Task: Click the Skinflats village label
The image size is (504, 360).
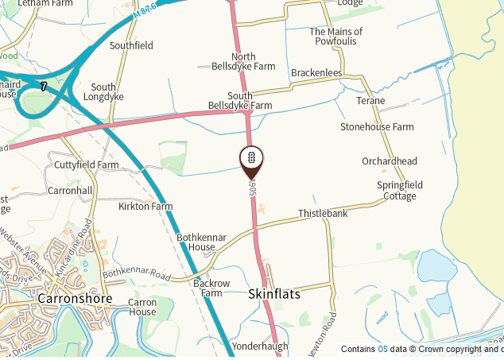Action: tap(275, 294)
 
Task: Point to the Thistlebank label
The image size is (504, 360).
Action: tap(323, 215)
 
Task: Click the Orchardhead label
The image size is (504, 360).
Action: tap(390, 161)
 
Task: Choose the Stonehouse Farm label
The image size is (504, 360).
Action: tap(377, 127)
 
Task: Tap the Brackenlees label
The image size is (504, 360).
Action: tap(316, 73)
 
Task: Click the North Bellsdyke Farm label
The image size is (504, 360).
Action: tap(242, 62)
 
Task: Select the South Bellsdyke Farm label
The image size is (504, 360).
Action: tap(239, 100)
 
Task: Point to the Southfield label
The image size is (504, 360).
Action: tap(132, 46)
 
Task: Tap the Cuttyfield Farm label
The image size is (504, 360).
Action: tap(86, 165)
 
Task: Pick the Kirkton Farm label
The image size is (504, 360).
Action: tap(145, 207)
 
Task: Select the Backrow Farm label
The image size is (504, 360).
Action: tap(211, 288)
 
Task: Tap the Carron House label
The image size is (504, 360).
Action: tap(142, 307)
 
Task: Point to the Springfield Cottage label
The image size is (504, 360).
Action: tap(400, 191)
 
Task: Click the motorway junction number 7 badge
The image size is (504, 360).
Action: tap(44, 85)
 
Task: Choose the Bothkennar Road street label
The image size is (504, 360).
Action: tap(137, 274)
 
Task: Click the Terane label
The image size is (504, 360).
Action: tap(370, 101)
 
